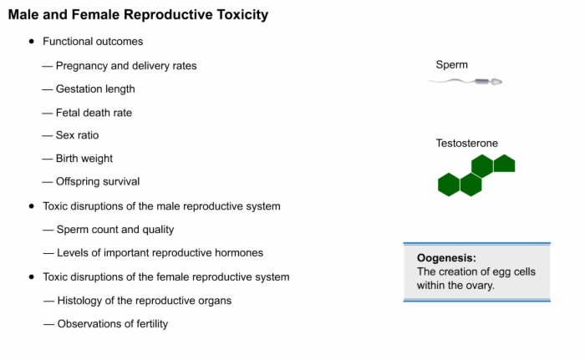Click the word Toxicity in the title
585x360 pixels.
(242, 15)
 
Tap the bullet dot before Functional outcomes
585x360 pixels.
(32, 42)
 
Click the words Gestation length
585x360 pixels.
(95, 89)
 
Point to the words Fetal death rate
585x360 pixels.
(94, 113)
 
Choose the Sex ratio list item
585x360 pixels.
(77, 135)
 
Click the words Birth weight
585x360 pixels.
(84, 159)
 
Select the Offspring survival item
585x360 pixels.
(98, 182)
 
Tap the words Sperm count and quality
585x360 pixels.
(115, 230)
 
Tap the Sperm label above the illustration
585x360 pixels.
(452, 65)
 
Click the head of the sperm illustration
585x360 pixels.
(496, 82)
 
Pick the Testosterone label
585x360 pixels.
(467, 144)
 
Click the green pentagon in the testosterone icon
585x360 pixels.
(505, 164)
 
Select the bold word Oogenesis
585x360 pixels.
(446, 258)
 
